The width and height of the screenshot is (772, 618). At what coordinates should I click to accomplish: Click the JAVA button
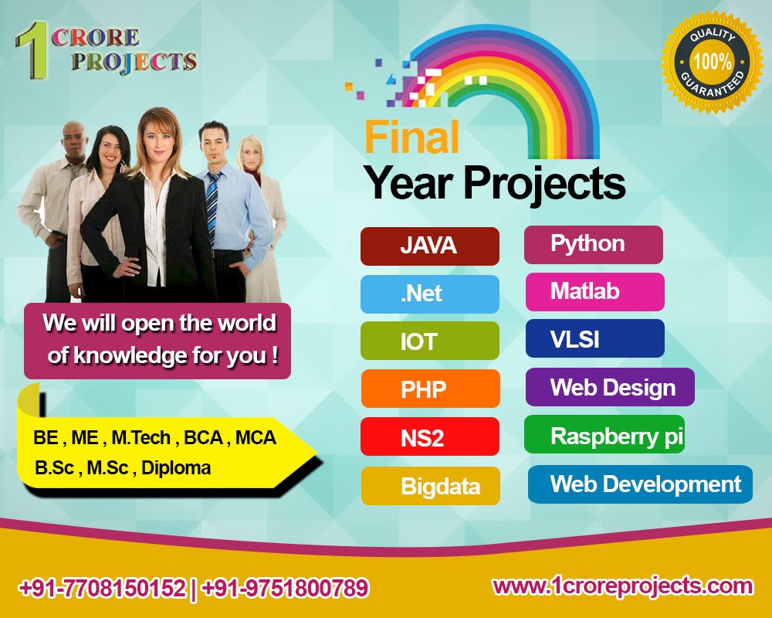429,246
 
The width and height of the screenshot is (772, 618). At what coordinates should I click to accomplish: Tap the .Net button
429,294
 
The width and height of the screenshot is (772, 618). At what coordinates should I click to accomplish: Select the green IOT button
429,341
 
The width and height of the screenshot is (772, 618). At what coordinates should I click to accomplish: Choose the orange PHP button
430,389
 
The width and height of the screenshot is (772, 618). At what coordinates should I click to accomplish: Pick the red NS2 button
429,437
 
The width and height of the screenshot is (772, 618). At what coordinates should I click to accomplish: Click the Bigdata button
430,486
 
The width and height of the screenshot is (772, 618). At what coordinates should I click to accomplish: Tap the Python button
593,244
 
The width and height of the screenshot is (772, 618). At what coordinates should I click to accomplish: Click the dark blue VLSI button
594,339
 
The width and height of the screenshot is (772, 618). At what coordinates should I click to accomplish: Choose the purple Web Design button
610,387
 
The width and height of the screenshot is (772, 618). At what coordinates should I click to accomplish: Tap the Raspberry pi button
604,435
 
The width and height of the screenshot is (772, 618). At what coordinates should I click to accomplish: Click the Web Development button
640,484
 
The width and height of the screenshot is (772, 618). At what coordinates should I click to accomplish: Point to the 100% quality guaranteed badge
712,62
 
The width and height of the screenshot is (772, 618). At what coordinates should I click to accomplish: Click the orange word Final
411,138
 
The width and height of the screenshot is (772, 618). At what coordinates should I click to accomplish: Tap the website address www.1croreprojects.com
622,586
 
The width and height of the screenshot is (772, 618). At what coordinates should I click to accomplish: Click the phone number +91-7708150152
102,589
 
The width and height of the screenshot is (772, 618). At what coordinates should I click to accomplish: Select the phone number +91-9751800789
285,589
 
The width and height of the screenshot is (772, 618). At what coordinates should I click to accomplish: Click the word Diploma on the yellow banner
176,467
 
